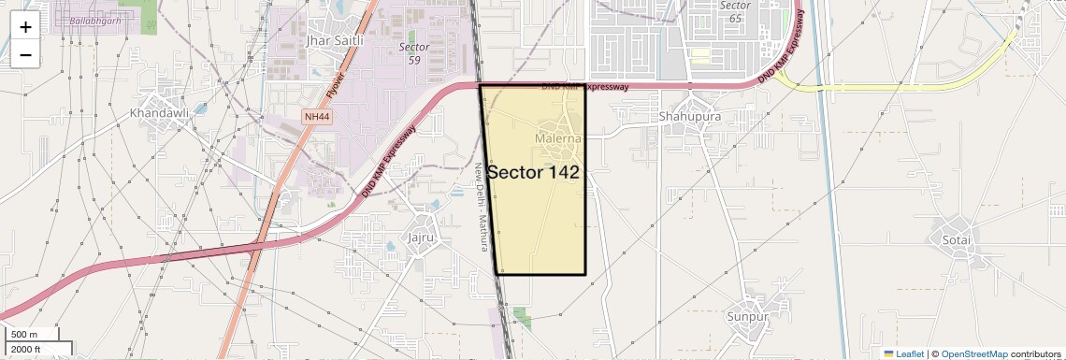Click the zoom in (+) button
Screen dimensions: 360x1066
click(25, 27)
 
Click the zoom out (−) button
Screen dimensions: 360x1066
click(25, 55)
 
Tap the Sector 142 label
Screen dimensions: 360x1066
click(533, 172)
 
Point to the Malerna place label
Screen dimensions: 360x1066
click(558, 139)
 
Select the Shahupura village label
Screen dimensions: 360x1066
click(689, 117)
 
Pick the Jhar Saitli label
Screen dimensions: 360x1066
click(333, 41)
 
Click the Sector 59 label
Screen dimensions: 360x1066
click(414, 53)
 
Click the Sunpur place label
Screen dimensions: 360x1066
click(747, 317)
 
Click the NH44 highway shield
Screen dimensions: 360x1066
click(317, 117)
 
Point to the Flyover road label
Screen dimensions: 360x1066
click(337, 84)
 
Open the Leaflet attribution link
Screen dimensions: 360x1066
click(903, 353)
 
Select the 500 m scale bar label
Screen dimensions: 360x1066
click(24, 334)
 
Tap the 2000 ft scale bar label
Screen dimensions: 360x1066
click(26, 349)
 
